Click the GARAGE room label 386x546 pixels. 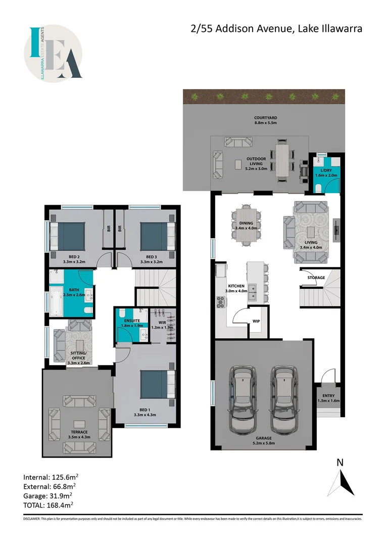tap(263, 440)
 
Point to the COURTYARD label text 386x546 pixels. tap(265, 120)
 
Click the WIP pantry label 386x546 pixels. tap(256, 321)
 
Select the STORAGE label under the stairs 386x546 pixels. tap(316, 278)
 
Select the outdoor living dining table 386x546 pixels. tap(281, 161)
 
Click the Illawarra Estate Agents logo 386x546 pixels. tap(53, 54)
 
